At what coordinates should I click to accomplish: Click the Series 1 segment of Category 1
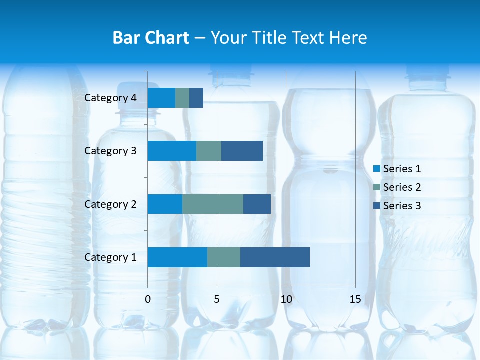click(x=177, y=257)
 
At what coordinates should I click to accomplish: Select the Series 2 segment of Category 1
click(x=224, y=257)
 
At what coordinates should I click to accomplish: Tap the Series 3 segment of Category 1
click(x=275, y=257)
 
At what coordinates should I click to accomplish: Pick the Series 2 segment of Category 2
click(x=213, y=204)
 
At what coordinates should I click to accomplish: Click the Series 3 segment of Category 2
click(x=257, y=204)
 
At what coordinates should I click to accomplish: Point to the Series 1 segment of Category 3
click(x=172, y=151)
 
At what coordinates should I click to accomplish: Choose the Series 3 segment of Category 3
click(x=242, y=151)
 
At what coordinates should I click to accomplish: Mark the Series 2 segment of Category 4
click(x=182, y=98)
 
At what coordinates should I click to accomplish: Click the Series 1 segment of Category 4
click(x=161, y=98)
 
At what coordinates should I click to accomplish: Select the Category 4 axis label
click(x=110, y=98)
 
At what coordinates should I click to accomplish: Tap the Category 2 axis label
click(x=110, y=204)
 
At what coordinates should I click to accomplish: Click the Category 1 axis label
click(x=110, y=257)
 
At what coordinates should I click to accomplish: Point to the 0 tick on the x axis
click(x=148, y=299)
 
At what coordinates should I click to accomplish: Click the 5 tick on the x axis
click(x=217, y=299)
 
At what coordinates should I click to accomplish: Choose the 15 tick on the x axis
click(x=355, y=299)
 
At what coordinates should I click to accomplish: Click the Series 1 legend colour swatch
click(x=377, y=169)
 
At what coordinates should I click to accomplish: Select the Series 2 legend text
click(x=402, y=187)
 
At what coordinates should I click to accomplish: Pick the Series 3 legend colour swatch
click(x=377, y=206)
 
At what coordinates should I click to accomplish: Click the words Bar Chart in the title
click(x=151, y=38)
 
